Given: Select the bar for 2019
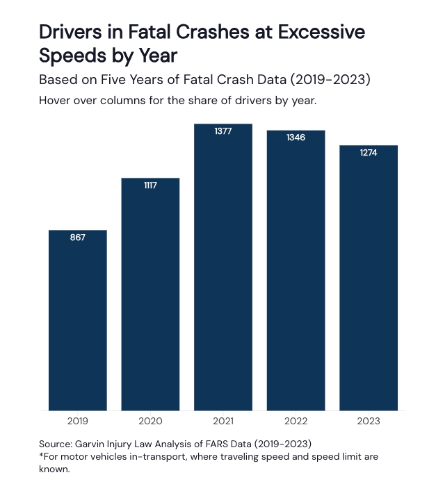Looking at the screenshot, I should click(x=77, y=319).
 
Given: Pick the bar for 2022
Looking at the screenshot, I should click(x=296, y=270).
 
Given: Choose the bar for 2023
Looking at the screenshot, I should click(x=369, y=278).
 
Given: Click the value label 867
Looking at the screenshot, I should click(x=77, y=237).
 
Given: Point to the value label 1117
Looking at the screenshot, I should click(x=150, y=185).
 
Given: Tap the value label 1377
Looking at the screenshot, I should click(x=223, y=131).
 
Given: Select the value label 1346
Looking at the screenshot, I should click(x=296, y=137).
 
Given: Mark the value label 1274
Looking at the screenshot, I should click(x=369, y=153).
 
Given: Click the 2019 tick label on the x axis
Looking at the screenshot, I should click(x=77, y=421).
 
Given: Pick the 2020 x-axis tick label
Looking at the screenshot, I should click(x=150, y=421).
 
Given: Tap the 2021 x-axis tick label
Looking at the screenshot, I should click(x=223, y=421).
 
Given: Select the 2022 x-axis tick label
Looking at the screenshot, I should click(x=296, y=421).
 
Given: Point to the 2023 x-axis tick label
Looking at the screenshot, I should click(x=369, y=421).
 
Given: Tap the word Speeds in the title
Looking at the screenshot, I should click(x=74, y=56).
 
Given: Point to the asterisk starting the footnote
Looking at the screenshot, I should click(x=41, y=455).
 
